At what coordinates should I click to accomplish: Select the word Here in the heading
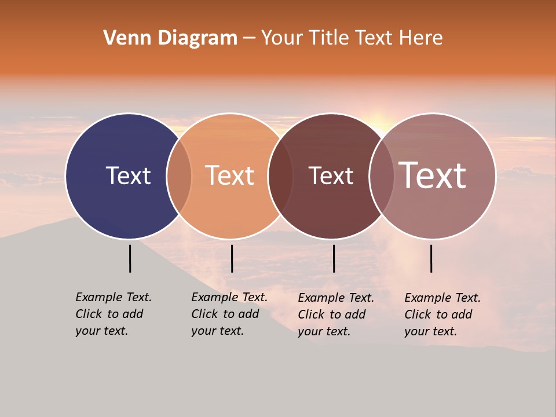(421, 38)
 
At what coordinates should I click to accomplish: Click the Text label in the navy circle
(128, 175)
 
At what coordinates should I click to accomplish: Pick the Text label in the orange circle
(229, 175)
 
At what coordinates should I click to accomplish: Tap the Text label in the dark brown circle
(331, 176)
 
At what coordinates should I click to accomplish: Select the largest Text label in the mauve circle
(432, 175)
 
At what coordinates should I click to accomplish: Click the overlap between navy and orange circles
(179, 175)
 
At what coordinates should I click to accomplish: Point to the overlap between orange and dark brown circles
(280, 175)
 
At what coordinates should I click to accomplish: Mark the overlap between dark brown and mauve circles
(382, 175)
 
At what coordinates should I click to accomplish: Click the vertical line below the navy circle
(130, 258)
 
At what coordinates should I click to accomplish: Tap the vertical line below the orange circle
(232, 258)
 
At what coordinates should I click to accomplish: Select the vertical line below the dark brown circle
(334, 258)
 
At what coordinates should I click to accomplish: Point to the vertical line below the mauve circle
(431, 258)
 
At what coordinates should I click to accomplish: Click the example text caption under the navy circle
(113, 314)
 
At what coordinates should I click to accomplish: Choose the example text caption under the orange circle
(229, 314)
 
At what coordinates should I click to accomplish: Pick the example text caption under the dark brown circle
(335, 314)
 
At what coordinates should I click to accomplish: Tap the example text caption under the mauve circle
(442, 314)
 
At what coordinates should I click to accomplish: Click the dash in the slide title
(249, 39)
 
